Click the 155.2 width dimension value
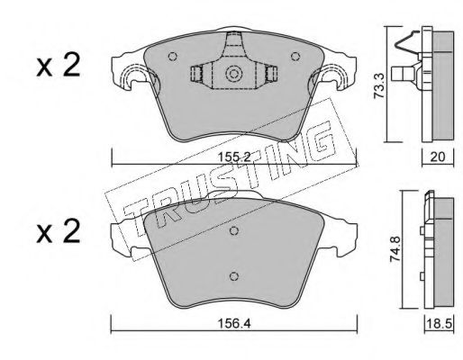pos(234,157)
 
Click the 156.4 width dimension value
pos(234,323)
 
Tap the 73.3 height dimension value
pos(379,86)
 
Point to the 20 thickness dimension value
pos(438,157)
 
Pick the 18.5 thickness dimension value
pos(439,324)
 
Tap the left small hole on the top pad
pos(172,56)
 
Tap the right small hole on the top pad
pos(295,56)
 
